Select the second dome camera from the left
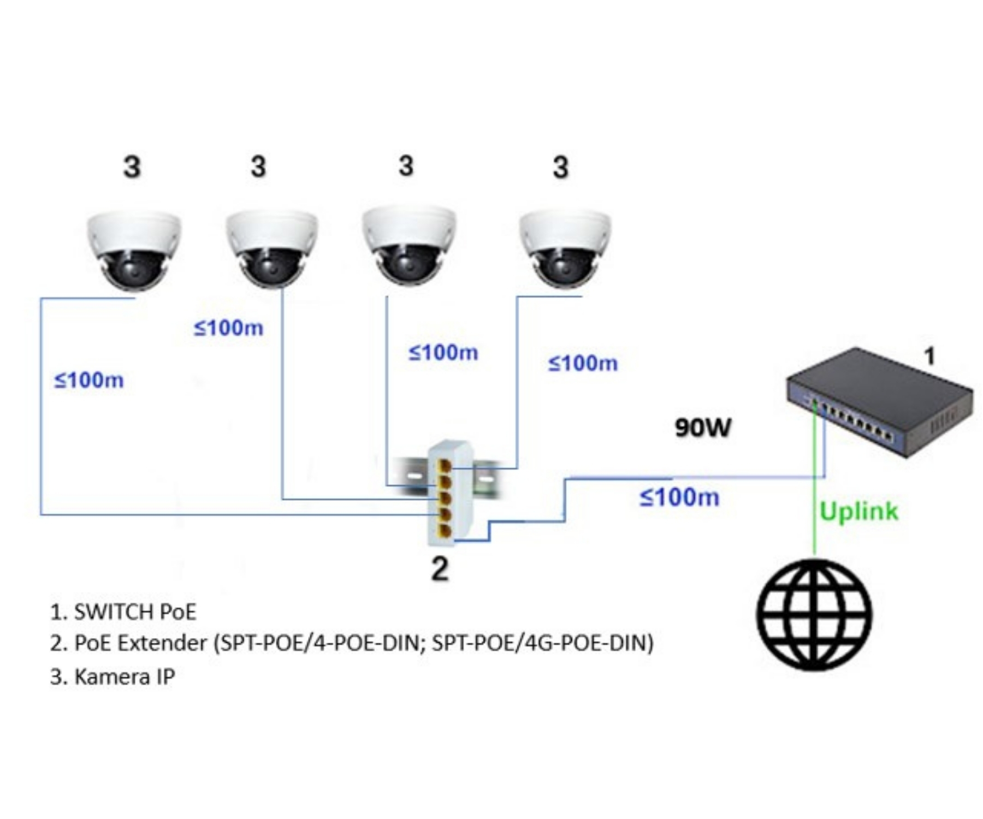click(271, 248)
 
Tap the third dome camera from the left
click(408, 246)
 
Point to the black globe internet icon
click(814, 615)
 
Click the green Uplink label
click(858, 512)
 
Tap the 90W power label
click(702, 428)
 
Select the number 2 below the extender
click(440, 569)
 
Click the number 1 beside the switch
click(929, 356)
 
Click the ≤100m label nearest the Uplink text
click(679, 497)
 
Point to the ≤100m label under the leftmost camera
click(89, 380)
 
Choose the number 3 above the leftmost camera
click(132, 167)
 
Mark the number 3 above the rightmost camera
click(560, 167)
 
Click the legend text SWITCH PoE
click(135, 612)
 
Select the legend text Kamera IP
click(124, 677)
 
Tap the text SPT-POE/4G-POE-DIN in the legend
click(542, 643)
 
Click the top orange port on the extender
click(445, 466)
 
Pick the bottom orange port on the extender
click(445, 531)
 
